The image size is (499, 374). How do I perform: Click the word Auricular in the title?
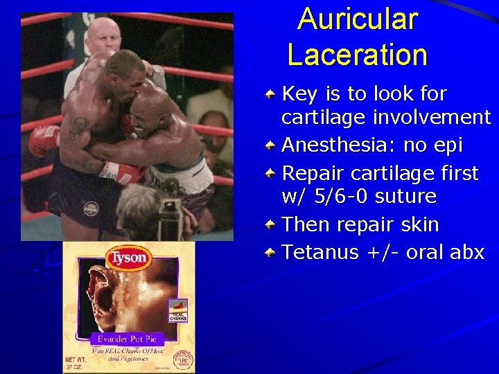click(358, 19)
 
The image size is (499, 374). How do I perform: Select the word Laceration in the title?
click(358, 55)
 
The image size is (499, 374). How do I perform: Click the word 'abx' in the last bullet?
click(466, 252)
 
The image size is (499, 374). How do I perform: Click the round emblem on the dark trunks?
click(91, 207)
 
